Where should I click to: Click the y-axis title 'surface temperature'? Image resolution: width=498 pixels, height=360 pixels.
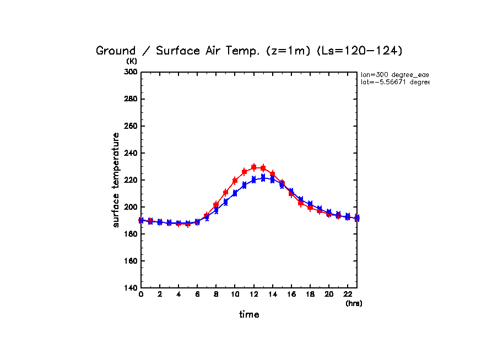pyautogui.click(x=116, y=179)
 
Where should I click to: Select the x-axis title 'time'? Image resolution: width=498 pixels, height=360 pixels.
pyautogui.click(x=249, y=315)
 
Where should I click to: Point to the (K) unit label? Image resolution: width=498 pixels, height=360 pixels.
pyautogui.click(x=132, y=62)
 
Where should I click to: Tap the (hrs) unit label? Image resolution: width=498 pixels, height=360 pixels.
pyautogui.click(x=354, y=303)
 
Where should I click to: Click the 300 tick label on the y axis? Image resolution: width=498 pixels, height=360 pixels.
pyautogui.click(x=131, y=72)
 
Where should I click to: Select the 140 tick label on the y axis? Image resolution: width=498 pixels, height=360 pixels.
pyautogui.click(x=131, y=288)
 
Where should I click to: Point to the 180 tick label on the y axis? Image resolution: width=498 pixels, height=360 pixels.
pyautogui.click(x=131, y=234)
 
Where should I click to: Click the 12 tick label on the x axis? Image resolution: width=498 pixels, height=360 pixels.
pyautogui.click(x=253, y=295)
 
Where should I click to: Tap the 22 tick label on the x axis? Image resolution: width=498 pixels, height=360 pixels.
pyautogui.click(x=348, y=295)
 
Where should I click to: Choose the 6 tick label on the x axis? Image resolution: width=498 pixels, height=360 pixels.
pyautogui.click(x=197, y=295)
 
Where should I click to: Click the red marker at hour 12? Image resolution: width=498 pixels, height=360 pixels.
pyautogui.click(x=253, y=167)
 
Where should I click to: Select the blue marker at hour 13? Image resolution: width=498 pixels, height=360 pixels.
pyautogui.click(x=263, y=178)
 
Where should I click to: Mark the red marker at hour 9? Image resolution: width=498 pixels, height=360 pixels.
pyautogui.click(x=225, y=193)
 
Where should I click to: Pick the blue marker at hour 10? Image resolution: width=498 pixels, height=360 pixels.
pyautogui.click(x=235, y=193)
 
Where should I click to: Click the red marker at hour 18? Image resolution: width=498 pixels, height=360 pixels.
pyautogui.click(x=310, y=208)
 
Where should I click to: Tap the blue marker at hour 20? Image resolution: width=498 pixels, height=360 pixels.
pyautogui.click(x=329, y=212)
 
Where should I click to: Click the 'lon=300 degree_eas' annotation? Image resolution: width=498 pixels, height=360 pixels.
pyautogui.click(x=394, y=74)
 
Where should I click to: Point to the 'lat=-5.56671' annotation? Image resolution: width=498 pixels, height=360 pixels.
pyautogui.click(x=394, y=82)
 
